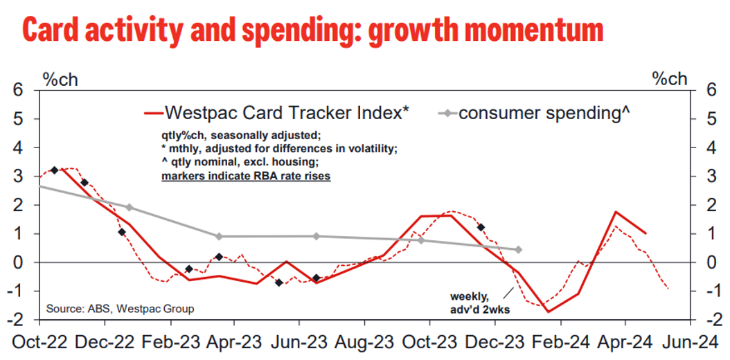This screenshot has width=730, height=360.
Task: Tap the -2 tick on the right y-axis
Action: (706, 320)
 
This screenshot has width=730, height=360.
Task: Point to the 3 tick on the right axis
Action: (708, 177)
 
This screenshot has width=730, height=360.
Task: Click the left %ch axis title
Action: (60, 78)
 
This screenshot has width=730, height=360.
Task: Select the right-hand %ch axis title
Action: (669, 78)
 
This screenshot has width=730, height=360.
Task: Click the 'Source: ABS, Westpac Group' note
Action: (120, 308)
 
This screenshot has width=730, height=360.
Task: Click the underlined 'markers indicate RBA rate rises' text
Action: (245, 176)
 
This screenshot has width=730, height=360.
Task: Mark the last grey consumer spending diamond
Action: (518, 249)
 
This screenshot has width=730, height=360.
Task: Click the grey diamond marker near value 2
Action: (130, 207)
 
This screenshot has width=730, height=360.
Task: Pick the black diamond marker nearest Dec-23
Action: (480, 227)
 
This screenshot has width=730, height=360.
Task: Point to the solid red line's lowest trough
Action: (549, 312)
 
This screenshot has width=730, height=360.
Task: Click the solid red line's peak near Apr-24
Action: (616, 212)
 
